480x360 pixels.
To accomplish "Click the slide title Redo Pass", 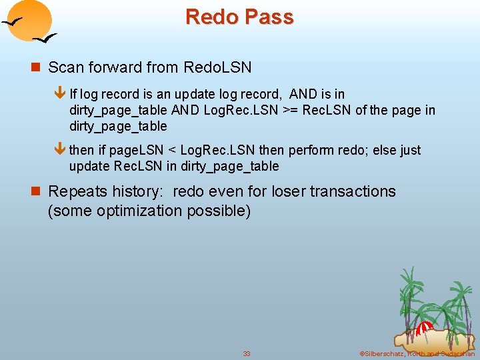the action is click(239, 17).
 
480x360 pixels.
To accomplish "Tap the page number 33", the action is click(247, 353).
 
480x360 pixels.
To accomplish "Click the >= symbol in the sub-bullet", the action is click(290, 110).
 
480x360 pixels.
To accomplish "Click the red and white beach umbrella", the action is click(424, 328).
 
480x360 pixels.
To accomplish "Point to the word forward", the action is click(106, 67).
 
